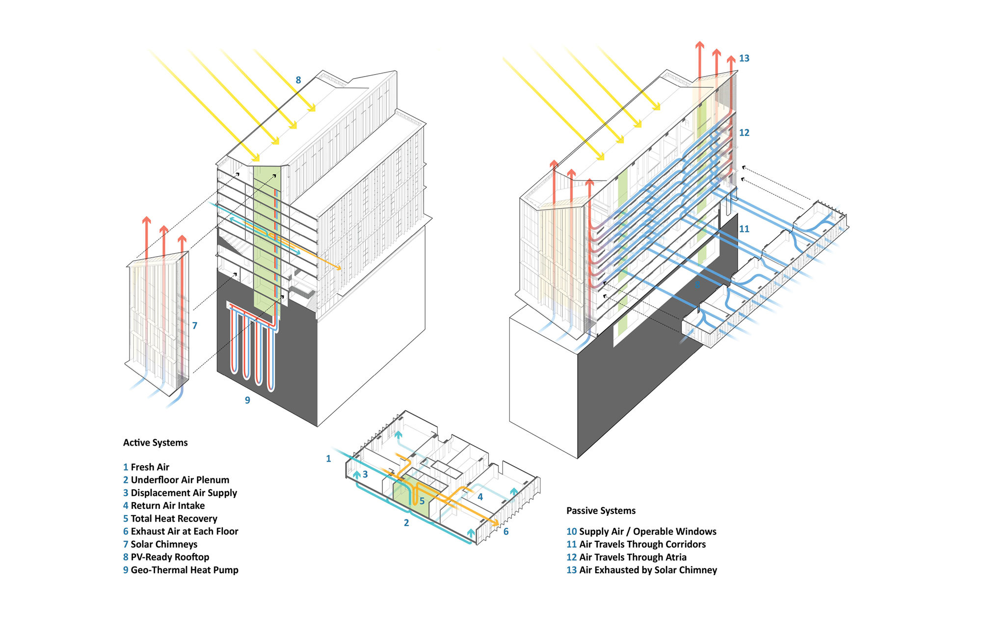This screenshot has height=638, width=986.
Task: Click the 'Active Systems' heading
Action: pos(155,443)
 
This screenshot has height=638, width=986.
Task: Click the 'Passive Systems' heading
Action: pos(601,511)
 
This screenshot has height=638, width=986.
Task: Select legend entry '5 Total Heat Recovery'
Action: pos(170,519)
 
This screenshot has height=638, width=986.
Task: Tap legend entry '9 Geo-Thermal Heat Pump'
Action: pos(181,570)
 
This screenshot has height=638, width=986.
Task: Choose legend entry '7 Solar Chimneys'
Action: pos(160,544)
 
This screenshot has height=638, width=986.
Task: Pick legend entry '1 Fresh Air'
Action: pos(146,467)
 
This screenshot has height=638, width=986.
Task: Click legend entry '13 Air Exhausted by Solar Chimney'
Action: pos(641,570)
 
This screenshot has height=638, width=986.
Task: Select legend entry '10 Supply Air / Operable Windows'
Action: pos(641,532)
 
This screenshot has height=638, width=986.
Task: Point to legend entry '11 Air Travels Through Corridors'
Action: pos(636,544)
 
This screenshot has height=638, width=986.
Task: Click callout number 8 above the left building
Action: pos(298,80)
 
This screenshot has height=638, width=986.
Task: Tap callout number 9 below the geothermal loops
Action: pos(247,400)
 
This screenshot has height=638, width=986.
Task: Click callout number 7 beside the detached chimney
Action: pos(195,325)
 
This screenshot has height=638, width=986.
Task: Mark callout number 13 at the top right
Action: pos(744,58)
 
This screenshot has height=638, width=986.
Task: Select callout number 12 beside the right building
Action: pos(744,133)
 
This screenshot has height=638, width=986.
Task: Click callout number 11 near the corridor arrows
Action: pos(744,229)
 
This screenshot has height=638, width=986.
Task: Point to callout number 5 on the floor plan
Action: pos(422,502)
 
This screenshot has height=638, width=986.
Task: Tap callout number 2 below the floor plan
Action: pos(406,523)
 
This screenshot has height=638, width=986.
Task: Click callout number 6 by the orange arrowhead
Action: pos(506,532)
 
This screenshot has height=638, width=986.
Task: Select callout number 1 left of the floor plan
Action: pos(328,459)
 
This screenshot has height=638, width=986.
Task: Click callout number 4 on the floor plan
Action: pos(480,497)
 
